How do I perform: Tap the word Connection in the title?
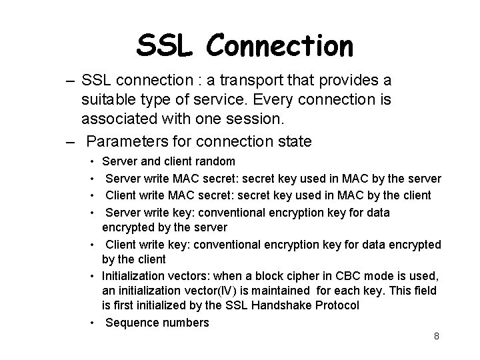279,45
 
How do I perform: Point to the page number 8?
436,336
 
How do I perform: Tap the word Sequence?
131,323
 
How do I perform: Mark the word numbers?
184,323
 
